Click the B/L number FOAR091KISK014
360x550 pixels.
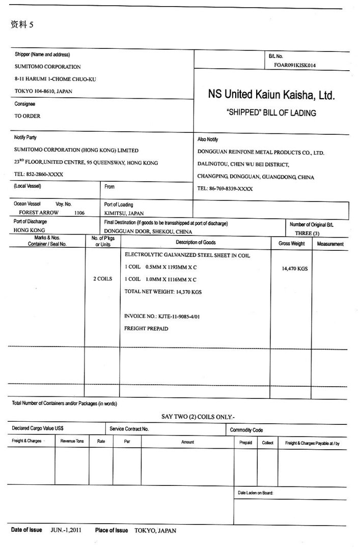click(294, 66)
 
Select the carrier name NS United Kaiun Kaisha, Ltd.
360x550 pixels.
click(271, 95)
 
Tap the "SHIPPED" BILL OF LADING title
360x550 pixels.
click(271, 113)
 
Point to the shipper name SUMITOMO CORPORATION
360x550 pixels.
click(47, 67)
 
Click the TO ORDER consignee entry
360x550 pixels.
click(27, 116)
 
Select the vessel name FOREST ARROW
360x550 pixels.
click(39, 213)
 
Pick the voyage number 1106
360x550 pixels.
click(79, 213)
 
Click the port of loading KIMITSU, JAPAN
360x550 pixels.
click(124, 213)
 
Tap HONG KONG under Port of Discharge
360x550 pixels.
click(30, 230)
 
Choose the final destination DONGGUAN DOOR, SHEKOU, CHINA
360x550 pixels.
click(148, 231)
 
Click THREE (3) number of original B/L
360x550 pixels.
click(307, 233)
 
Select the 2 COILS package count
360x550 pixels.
click(102, 279)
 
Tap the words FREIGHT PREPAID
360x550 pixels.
click(146, 329)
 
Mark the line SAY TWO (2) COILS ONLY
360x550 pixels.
click(198, 417)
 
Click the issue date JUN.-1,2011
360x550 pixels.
click(66, 530)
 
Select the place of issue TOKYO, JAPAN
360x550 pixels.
click(155, 531)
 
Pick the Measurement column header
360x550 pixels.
click(330, 244)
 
